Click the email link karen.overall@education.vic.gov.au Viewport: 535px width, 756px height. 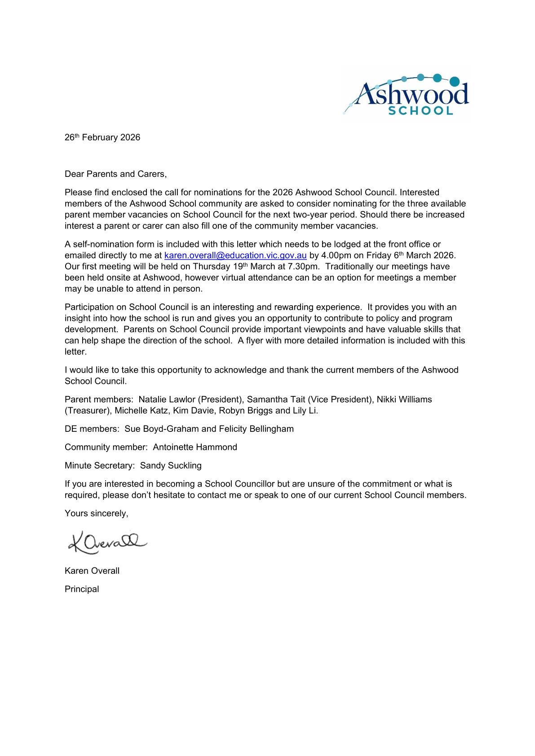pyautogui.click(x=235, y=255)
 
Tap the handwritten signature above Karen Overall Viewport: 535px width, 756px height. pyautogui.click(x=107, y=542)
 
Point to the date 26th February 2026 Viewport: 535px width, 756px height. pyautogui.click(x=102, y=137)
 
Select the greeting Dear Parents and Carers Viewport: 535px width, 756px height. pyautogui.click(x=115, y=174)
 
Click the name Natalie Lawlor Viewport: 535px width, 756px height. pyautogui.click(x=167, y=400)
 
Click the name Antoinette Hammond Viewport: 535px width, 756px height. pyautogui.click(x=195, y=447)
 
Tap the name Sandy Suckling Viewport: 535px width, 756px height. pyautogui.click(x=171, y=466)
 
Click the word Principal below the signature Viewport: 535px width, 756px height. pyautogui.click(x=82, y=589)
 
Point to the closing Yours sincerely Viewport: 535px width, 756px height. pyautogui.click(x=96, y=514)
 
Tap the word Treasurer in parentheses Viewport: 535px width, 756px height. pyautogui.click(x=88, y=411)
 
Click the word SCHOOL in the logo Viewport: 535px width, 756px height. pyautogui.click(x=420, y=111)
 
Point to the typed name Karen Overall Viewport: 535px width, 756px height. pyautogui.click(x=92, y=571)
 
